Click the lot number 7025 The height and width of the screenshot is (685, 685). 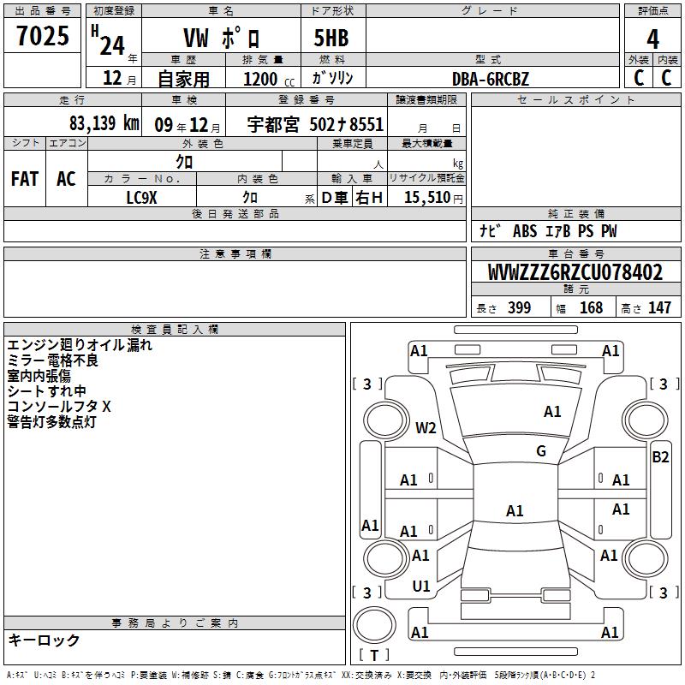click(43, 36)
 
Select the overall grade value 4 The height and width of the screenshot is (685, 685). click(652, 39)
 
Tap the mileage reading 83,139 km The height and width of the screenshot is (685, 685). click(104, 123)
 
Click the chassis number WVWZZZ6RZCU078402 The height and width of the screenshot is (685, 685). click(575, 272)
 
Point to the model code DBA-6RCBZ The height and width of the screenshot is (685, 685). click(490, 79)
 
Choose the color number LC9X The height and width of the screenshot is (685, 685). click(141, 198)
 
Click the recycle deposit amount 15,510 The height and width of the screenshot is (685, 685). click(427, 198)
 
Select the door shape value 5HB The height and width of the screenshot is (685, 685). click(331, 38)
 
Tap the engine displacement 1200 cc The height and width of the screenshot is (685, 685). click(269, 79)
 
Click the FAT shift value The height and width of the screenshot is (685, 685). click(25, 179)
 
